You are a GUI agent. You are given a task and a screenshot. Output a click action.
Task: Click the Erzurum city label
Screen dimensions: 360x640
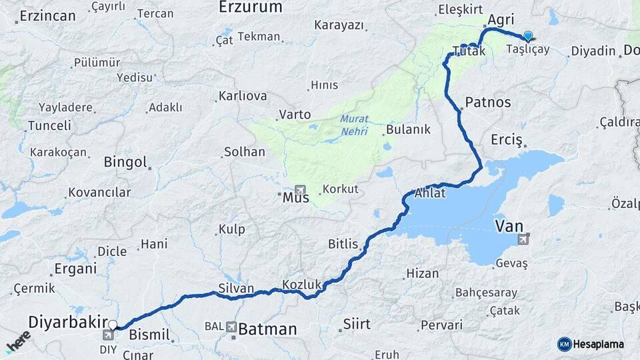coord(251,7)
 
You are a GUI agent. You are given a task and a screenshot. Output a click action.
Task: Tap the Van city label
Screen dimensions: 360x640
coord(509,227)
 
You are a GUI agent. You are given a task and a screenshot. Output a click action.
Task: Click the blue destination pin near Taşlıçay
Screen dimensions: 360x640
coord(528,36)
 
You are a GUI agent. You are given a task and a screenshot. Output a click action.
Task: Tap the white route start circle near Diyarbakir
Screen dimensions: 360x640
coord(113,325)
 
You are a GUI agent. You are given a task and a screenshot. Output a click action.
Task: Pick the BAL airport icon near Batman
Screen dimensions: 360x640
coord(231,327)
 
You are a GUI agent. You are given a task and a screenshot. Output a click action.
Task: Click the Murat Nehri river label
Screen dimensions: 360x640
coord(354,125)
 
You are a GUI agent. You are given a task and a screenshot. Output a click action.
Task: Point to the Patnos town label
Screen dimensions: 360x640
coord(488,102)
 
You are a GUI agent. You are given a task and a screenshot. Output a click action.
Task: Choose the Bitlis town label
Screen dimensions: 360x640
coord(343,244)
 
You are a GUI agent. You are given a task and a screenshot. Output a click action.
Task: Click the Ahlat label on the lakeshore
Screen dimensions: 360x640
coord(429,193)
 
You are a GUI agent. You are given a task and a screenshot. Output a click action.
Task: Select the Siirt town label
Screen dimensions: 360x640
coord(356,324)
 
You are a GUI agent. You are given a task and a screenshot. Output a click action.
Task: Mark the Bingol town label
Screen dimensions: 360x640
coord(125,162)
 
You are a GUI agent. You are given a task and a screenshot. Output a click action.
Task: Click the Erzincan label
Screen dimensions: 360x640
coord(47,16)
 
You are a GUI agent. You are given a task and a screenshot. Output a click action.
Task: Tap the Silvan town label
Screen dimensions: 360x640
coord(236,289)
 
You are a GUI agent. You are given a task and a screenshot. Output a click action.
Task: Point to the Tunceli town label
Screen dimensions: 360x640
coord(49,125)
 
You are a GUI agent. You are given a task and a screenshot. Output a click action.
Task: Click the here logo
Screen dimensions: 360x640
coord(18,341)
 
